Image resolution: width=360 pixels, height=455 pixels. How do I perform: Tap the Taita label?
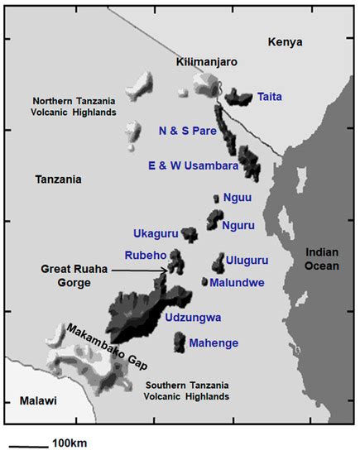pos(270,97)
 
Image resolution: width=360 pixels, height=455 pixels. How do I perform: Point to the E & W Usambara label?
pos(199,165)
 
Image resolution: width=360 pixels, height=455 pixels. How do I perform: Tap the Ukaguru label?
pos(155,234)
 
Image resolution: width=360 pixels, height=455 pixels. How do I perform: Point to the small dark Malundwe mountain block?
pos(204,281)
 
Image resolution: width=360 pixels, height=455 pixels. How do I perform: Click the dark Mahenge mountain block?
pos(180,341)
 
